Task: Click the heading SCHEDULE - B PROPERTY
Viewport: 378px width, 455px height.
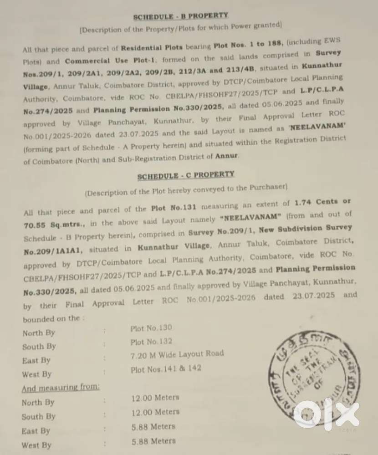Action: (180, 16)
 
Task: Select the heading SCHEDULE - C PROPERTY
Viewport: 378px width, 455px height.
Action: (186, 175)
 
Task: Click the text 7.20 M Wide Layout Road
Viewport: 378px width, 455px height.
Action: (177, 354)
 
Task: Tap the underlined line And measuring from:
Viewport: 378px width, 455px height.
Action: (61, 388)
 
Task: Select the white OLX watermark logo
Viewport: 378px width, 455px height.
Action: (326, 414)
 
